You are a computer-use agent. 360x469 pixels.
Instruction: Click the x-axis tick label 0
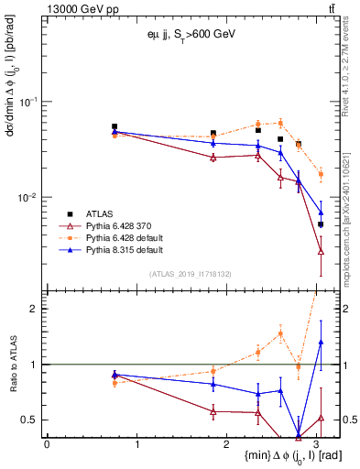(x=47, y=443)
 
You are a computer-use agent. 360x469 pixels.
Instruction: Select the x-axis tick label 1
(x=137, y=443)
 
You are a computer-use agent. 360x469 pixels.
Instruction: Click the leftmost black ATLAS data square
(x=115, y=126)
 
